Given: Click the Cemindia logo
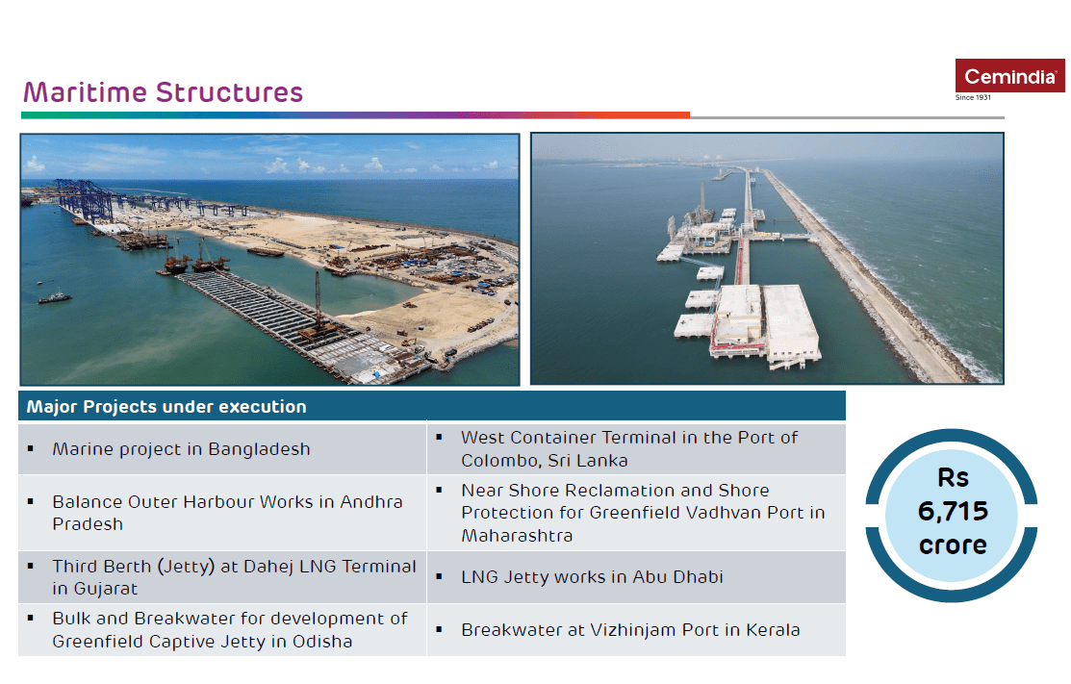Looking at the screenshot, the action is tap(1009, 76).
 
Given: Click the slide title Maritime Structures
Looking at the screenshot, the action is tap(164, 92).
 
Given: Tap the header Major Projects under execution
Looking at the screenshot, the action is tap(166, 407).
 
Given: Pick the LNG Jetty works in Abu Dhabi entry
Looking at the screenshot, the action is tap(592, 577).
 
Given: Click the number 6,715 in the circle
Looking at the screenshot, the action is tap(953, 511).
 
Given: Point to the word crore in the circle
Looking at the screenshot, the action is tap(953, 545).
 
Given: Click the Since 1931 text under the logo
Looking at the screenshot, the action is tap(973, 97).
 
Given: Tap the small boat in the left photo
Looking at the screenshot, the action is tap(55, 297).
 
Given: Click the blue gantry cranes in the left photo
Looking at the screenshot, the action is tap(86, 198).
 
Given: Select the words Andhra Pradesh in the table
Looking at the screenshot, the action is tap(227, 513).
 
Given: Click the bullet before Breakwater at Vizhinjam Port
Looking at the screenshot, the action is tap(439, 629).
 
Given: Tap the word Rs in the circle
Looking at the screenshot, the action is tap(953, 478).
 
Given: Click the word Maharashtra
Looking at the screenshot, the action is tap(517, 536).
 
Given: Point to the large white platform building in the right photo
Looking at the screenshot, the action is tap(790, 321).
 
